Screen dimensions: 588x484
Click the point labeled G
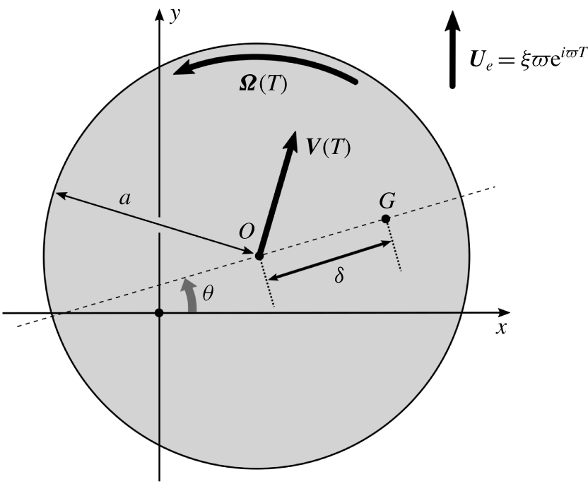pyautogui.click(x=386, y=219)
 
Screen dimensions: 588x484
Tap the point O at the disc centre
pyautogui.click(x=259, y=256)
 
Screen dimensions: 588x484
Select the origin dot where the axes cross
pyautogui.click(x=160, y=312)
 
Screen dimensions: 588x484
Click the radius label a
pyautogui.click(x=125, y=199)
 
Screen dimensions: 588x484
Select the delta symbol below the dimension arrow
pyautogui.click(x=339, y=276)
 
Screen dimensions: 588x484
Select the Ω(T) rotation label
pyautogui.click(x=263, y=83)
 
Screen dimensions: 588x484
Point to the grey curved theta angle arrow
pyautogui.click(x=189, y=295)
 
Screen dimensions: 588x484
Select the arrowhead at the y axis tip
pyautogui.click(x=160, y=15)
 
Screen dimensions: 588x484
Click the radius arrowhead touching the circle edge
pyautogui.click(x=61, y=194)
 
